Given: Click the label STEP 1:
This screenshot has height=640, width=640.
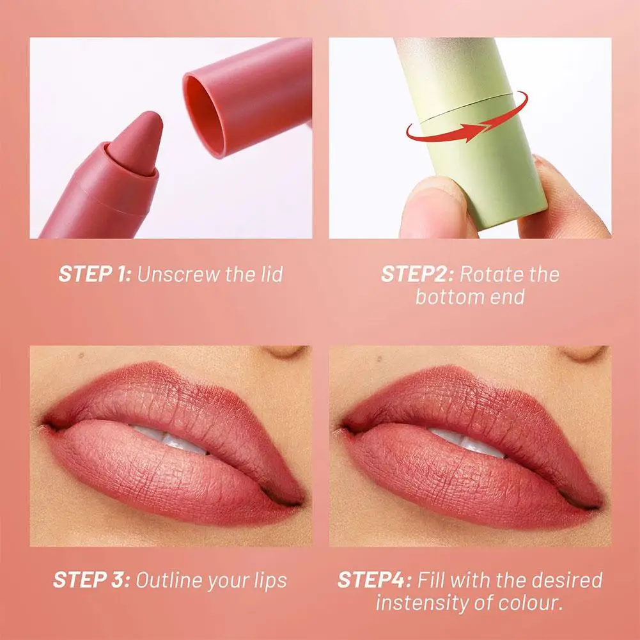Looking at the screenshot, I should pos(95,274).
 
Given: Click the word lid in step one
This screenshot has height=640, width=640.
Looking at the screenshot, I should pos(269,274).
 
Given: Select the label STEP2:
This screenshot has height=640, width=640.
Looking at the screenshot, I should pos(418,274).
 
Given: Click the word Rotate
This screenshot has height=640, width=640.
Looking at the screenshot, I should pos(490,274).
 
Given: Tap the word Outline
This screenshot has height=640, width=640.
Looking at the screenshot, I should pos(168,581).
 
